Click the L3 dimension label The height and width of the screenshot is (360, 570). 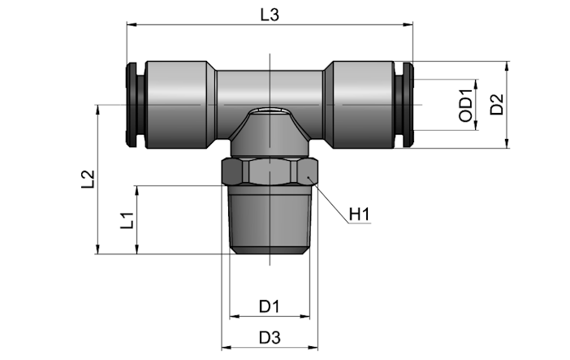270,15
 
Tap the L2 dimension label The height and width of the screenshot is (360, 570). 88,179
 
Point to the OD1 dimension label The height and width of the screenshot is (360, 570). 466,106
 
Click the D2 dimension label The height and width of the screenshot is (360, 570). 497,105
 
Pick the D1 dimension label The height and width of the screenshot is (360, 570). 270,306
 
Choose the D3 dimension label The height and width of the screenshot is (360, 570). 270,338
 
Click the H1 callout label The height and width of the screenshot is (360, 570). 359,214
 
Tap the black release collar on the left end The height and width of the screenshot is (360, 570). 136,105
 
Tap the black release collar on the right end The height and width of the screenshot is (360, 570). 404,105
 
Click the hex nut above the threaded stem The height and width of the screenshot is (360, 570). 270,171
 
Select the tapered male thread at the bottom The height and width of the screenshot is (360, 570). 270,220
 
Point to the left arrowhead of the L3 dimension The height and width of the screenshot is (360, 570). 132,24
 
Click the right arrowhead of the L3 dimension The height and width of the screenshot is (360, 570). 408,24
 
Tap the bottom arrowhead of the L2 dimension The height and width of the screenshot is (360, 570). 97,249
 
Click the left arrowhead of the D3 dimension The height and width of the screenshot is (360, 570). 227,348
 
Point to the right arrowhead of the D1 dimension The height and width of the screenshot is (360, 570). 305,316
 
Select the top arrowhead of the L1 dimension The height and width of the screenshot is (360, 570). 137,190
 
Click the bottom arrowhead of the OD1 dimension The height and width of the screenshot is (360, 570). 476,126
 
